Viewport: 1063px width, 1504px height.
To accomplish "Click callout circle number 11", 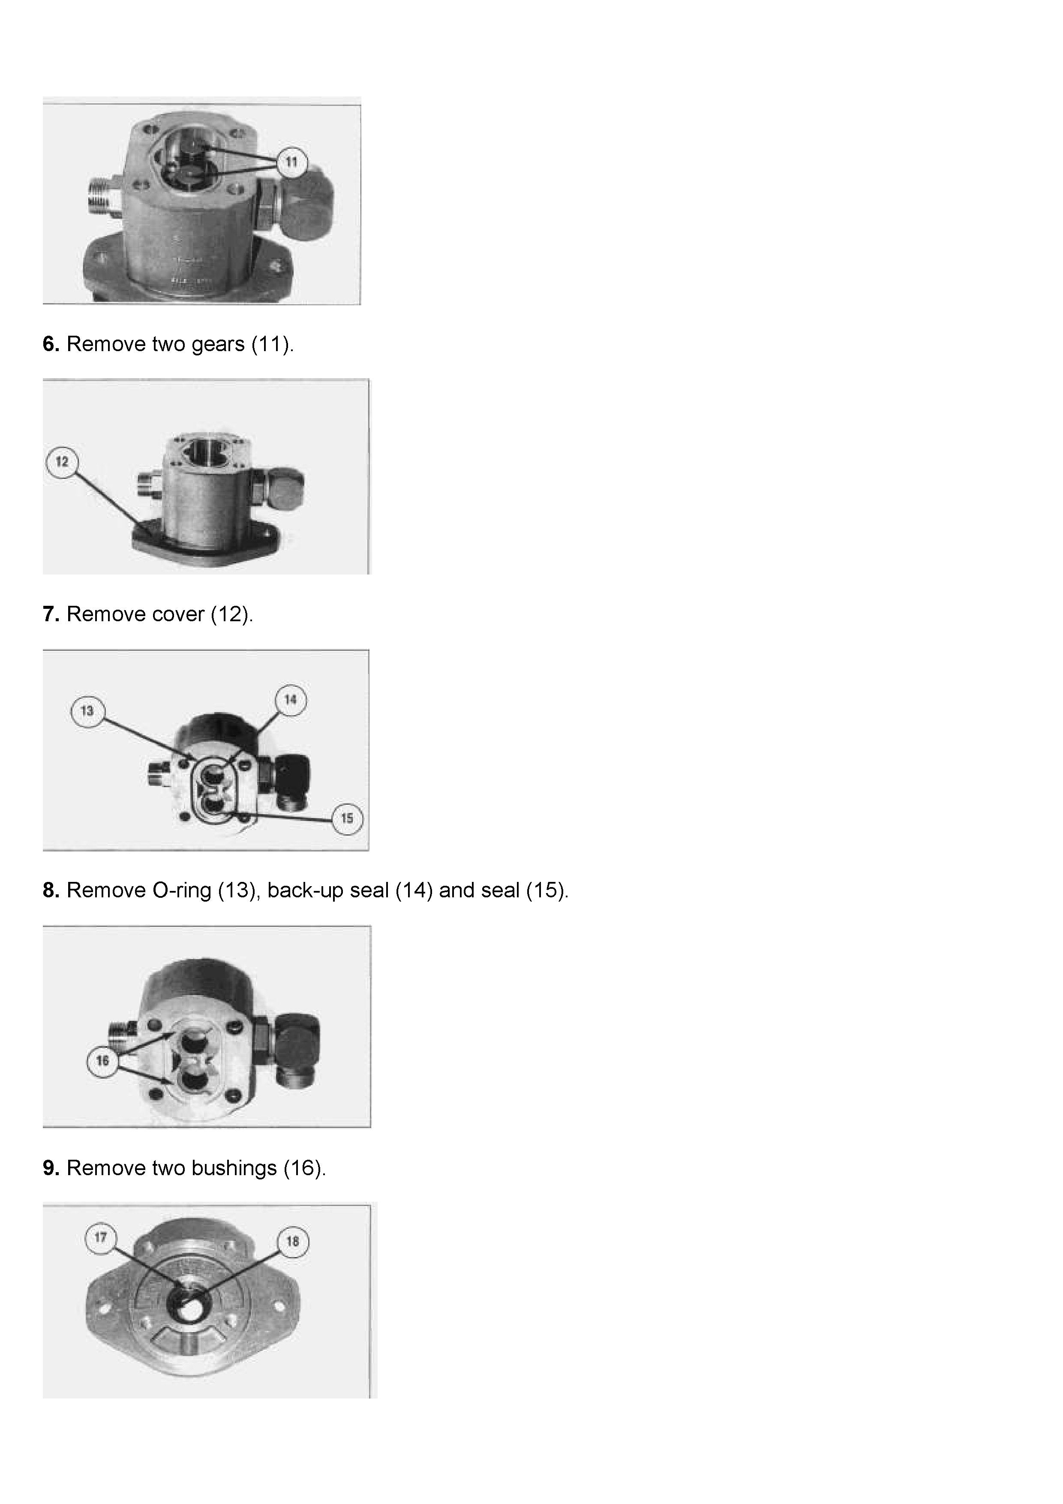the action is point(291,162).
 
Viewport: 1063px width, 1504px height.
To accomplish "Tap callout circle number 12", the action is point(62,462).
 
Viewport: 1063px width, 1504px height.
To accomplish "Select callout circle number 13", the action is point(87,711).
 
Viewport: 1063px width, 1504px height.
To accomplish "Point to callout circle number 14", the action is point(291,700).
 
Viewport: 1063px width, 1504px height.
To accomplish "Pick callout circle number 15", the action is point(347,818).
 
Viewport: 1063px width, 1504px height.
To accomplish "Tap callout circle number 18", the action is point(293,1241).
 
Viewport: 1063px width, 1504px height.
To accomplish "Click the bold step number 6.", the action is point(51,344).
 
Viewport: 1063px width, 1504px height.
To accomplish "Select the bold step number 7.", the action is point(51,614).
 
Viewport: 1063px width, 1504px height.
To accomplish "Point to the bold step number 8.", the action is point(51,890).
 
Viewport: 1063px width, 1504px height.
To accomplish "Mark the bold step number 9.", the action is point(51,1168).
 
